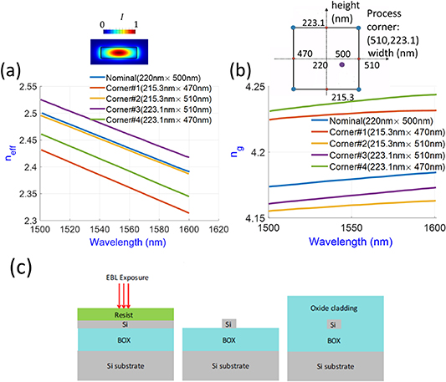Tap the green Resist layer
tap(100, 315)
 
